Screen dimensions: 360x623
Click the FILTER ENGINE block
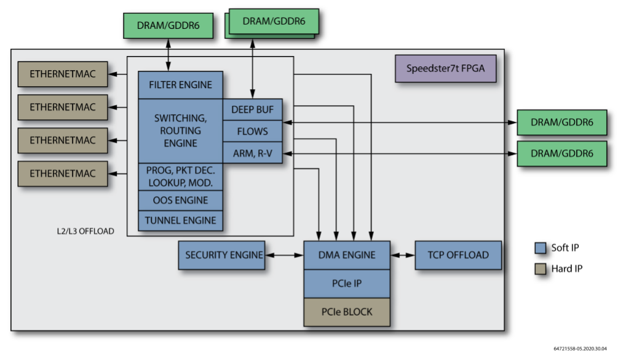(x=180, y=85)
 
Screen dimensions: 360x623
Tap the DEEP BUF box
(x=252, y=110)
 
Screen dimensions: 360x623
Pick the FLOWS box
(x=252, y=131)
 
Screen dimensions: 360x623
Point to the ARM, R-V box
(x=252, y=152)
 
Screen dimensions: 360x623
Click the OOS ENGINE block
(x=180, y=200)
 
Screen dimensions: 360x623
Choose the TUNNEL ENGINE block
(x=180, y=220)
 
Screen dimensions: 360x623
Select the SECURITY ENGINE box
(x=221, y=255)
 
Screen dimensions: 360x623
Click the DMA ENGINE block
(x=347, y=255)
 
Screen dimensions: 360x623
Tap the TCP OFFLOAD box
(x=458, y=255)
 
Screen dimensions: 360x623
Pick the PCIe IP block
(x=347, y=284)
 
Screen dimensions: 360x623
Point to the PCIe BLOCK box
(x=347, y=312)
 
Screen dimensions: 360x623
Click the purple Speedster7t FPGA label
(x=445, y=68)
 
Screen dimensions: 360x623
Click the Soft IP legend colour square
(x=540, y=248)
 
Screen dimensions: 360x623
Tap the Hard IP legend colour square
(x=540, y=268)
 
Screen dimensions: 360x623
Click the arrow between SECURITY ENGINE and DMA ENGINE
(x=284, y=255)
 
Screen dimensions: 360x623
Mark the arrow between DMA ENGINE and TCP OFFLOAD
(x=403, y=255)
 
